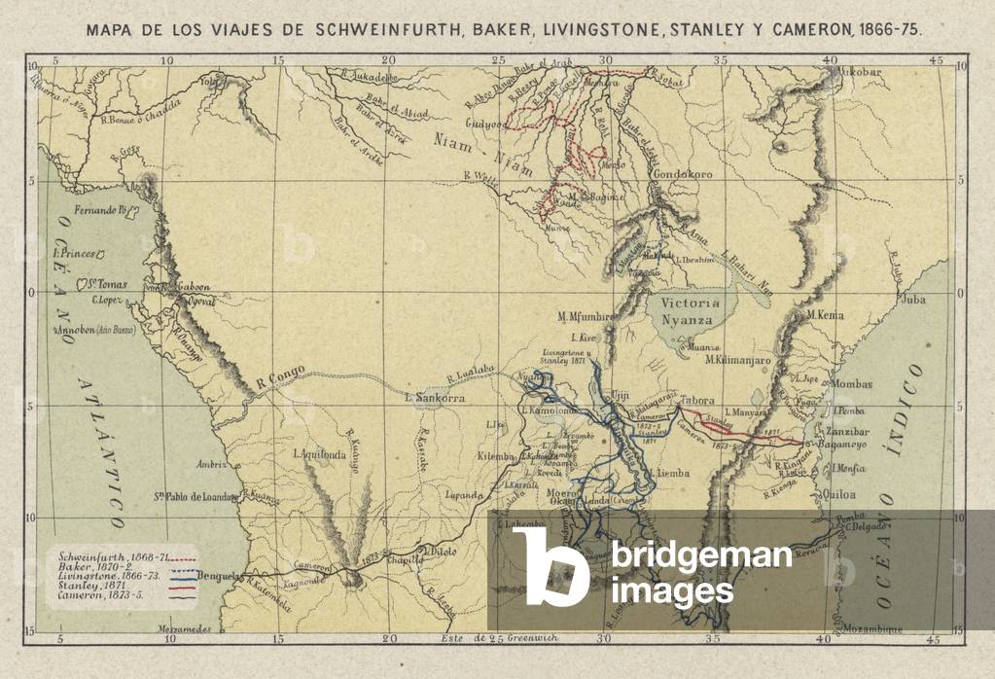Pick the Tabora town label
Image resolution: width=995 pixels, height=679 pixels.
click(x=698, y=400)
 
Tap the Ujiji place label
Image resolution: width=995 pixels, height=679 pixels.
click(x=616, y=396)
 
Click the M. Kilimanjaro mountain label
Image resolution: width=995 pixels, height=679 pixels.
click(x=738, y=360)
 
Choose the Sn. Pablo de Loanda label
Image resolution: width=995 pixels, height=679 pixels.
click(x=198, y=496)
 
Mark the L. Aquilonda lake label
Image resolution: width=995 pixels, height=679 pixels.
click(x=322, y=453)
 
